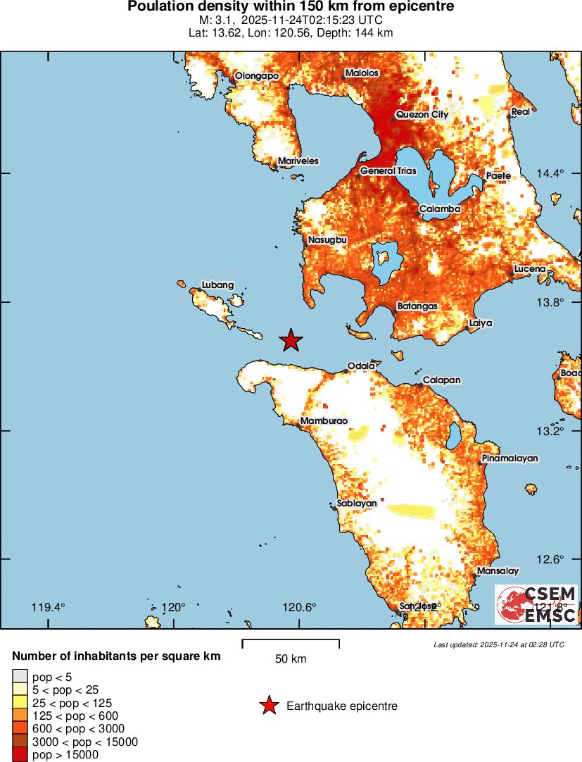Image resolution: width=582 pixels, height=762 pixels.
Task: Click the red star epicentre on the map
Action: coord(291,340)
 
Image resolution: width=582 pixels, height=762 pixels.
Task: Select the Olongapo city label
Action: coord(257,75)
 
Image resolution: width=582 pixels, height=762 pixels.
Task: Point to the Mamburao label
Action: coord(324,421)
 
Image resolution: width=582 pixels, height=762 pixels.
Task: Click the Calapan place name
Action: coord(441,380)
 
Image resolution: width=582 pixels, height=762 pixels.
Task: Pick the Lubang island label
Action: coord(217,285)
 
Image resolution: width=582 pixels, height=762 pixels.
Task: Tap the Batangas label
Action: coord(418,306)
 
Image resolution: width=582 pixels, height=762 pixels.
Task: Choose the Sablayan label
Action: coord(357,503)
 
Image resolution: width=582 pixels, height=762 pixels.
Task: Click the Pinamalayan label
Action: coord(510,458)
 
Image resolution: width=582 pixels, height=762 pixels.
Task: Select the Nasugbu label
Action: coord(328,240)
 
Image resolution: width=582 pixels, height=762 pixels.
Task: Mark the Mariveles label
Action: coord(298,161)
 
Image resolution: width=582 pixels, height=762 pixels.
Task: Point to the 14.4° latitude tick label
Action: coord(551,173)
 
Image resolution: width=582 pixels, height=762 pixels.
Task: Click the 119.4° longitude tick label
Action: coord(49,607)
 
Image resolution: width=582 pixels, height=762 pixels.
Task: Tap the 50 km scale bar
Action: coord(291,643)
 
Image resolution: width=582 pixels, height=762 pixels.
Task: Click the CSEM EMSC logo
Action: coord(536,604)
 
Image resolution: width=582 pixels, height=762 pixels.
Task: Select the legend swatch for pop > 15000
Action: coord(20,754)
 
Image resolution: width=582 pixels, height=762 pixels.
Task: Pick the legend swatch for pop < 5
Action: coord(20,677)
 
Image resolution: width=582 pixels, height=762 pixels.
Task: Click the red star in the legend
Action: coord(268,706)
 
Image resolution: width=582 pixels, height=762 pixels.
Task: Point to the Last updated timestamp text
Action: coord(498,644)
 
